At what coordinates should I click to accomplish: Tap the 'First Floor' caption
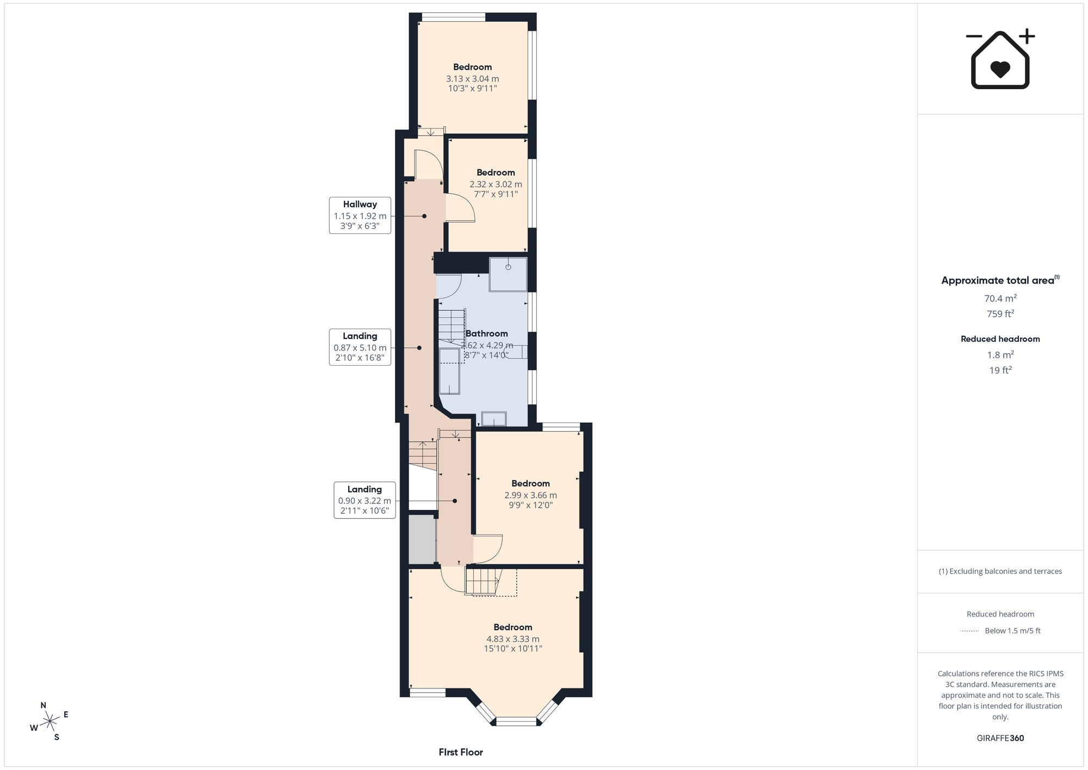(461, 752)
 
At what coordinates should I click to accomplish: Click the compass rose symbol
(50, 722)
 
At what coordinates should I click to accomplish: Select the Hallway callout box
(360, 215)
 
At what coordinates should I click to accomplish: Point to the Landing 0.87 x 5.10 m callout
(360, 347)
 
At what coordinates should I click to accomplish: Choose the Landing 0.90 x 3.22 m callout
(364, 501)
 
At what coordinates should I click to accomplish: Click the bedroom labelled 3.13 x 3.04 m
(472, 77)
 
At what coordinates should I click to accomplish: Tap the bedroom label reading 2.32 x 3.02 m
(496, 183)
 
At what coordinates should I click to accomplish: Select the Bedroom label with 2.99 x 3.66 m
(530, 494)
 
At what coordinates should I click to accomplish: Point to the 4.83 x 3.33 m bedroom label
(513, 638)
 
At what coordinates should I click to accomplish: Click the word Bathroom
(487, 334)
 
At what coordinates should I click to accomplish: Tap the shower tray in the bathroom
(508, 274)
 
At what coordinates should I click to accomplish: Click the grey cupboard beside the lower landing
(422, 539)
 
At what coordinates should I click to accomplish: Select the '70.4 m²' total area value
(1000, 298)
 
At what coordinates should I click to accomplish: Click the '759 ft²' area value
(1000, 313)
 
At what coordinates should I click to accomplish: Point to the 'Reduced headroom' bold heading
(1000, 339)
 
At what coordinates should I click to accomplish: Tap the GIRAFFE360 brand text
(1000, 738)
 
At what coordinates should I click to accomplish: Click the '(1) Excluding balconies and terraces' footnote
(1000, 571)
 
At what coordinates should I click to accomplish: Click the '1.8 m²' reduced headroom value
(1000, 355)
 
